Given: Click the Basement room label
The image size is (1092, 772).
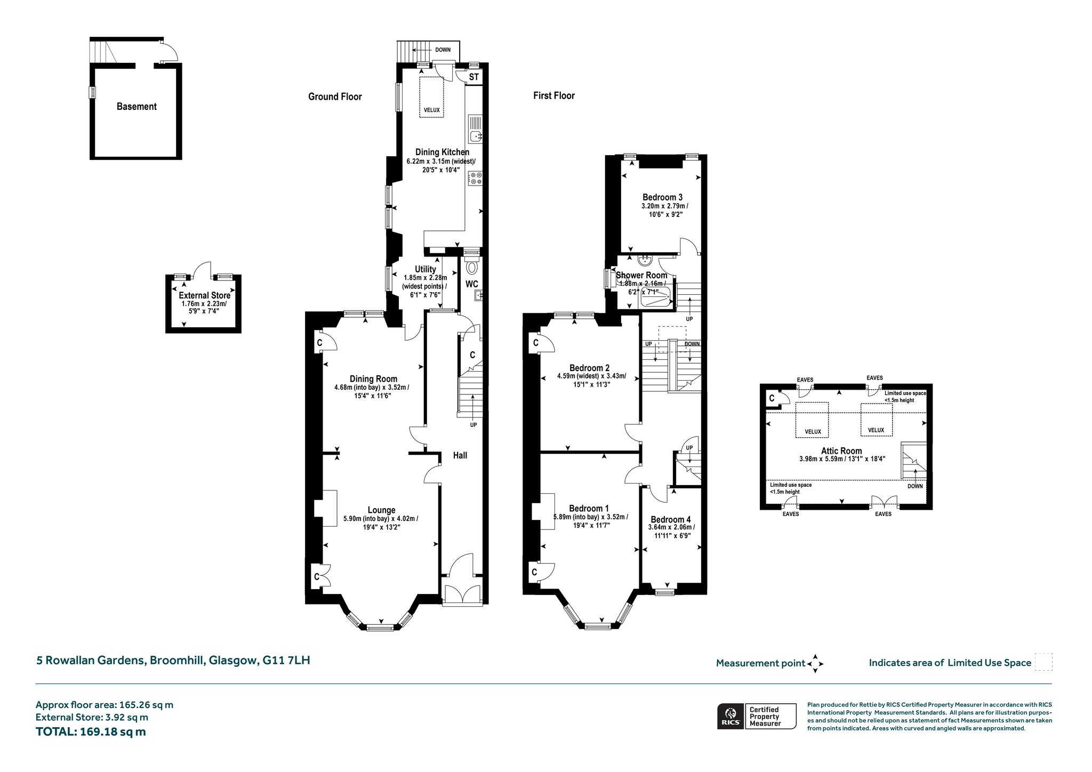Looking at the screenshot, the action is [x=136, y=107].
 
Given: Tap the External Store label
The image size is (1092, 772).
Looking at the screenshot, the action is [x=205, y=295].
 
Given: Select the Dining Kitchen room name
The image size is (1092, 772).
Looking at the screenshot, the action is [x=442, y=152].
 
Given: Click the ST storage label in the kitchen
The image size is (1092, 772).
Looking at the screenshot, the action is [x=474, y=77].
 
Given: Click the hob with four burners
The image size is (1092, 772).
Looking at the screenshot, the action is [x=475, y=178].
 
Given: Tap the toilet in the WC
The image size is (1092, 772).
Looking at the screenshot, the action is [x=471, y=266].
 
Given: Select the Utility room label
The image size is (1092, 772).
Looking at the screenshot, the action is [x=425, y=270].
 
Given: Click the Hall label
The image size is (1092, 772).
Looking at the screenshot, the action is [x=460, y=455].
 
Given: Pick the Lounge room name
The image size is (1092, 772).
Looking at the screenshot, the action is [x=381, y=510].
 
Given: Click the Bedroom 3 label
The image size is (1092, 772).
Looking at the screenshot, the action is [x=662, y=197].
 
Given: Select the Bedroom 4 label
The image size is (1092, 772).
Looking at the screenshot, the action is [x=671, y=519].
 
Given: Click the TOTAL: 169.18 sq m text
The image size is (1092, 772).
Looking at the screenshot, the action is [x=91, y=731].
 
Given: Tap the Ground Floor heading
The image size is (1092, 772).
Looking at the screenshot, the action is [x=335, y=96].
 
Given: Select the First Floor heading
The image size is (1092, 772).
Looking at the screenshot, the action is [x=554, y=95].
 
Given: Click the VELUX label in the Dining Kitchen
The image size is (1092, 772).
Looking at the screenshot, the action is [x=432, y=110].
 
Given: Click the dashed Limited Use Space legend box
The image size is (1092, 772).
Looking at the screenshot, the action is [x=1043, y=662].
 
